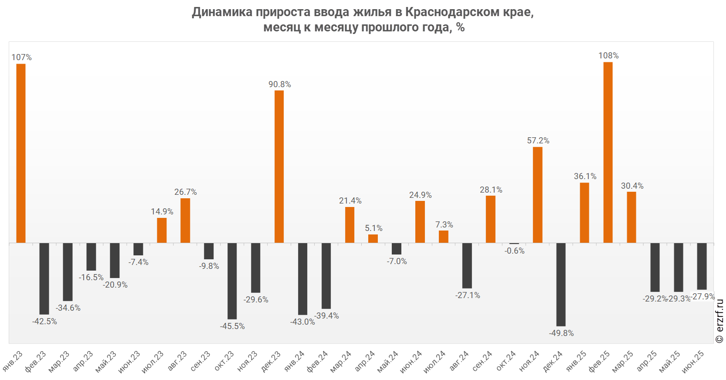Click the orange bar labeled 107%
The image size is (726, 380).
[21, 153]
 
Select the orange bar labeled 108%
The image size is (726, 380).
[608, 152]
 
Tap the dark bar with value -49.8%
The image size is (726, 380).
[561, 284]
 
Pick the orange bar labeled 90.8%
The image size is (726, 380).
[279, 166]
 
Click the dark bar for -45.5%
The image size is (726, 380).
[232, 281]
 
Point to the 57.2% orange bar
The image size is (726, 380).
[537, 195]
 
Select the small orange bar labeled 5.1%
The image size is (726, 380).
[373, 238]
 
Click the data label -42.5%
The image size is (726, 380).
[44, 322]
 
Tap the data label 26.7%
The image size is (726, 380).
[186, 192]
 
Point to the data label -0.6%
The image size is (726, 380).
[515, 251]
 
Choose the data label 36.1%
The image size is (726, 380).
[585, 176]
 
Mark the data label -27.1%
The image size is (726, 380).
[468, 295]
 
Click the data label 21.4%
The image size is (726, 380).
[350, 201]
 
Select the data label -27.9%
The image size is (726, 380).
[704, 296]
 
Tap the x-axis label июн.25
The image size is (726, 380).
[693, 362]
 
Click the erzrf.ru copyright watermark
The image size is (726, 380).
[719, 321]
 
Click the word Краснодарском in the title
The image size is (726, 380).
[452, 12]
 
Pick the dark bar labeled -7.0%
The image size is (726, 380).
[397, 248]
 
